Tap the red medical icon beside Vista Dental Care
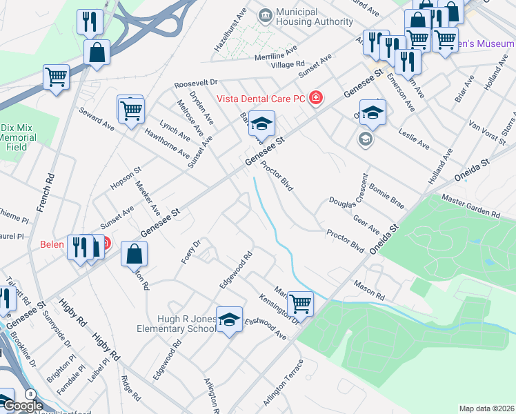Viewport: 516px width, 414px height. click(x=316, y=98)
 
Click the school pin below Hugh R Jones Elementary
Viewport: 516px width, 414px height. click(x=229, y=319)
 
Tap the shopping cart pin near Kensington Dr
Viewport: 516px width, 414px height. click(x=300, y=303)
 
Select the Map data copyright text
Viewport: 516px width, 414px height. click(x=486, y=408)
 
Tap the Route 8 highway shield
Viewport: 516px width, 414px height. click(x=30, y=393)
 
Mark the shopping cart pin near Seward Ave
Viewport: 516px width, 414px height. click(x=130, y=109)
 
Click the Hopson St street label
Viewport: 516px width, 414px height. click(x=126, y=178)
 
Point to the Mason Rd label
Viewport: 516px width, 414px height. click(x=369, y=289)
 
